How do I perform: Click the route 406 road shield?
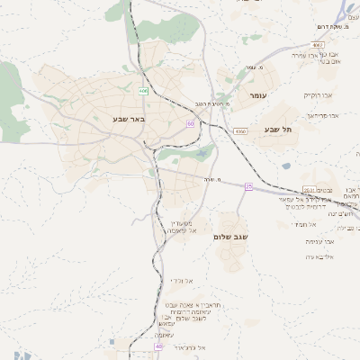pos(144,91)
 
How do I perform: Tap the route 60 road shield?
pos(191,123)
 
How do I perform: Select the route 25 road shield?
pos(249,186)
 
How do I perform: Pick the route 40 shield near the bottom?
pos(158,346)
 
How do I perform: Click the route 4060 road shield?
pos(239,131)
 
